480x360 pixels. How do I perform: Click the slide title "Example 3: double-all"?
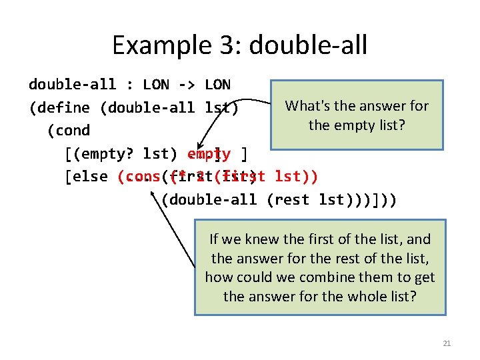[x=239, y=45]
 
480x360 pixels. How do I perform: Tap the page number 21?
[x=447, y=343]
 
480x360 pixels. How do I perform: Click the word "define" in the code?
[x=61, y=107]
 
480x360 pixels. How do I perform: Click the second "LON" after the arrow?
[x=217, y=85]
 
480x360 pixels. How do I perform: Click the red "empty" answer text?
[x=209, y=154]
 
